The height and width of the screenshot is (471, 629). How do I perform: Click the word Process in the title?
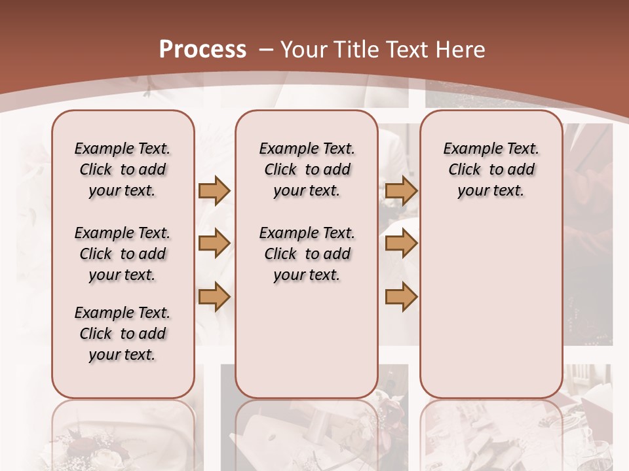pos(202,50)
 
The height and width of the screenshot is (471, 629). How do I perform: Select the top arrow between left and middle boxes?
pos(214,191)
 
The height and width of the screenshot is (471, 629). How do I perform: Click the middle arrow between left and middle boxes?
pos(214,244)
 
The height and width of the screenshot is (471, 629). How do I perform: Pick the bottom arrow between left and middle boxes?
pos(214,297)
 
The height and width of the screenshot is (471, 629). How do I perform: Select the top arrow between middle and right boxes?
pos(401,191)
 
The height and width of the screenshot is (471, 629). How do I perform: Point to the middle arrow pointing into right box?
pos(401,244)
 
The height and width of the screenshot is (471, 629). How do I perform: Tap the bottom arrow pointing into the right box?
pos(401,297)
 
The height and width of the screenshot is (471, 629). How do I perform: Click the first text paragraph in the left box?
pos(123,169)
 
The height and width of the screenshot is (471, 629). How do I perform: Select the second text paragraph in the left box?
pos(123,254)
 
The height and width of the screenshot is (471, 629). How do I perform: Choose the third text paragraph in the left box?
pos(123,334)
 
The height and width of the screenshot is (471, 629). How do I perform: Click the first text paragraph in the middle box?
pos(307,169)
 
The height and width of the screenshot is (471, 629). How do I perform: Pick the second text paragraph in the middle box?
pos(307,254)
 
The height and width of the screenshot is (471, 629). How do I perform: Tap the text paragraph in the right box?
pos(491,169)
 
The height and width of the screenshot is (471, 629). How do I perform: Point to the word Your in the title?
pos(305,50)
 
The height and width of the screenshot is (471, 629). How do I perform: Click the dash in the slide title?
pos(266,50)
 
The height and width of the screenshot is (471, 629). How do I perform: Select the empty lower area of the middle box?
pos(307,340)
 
